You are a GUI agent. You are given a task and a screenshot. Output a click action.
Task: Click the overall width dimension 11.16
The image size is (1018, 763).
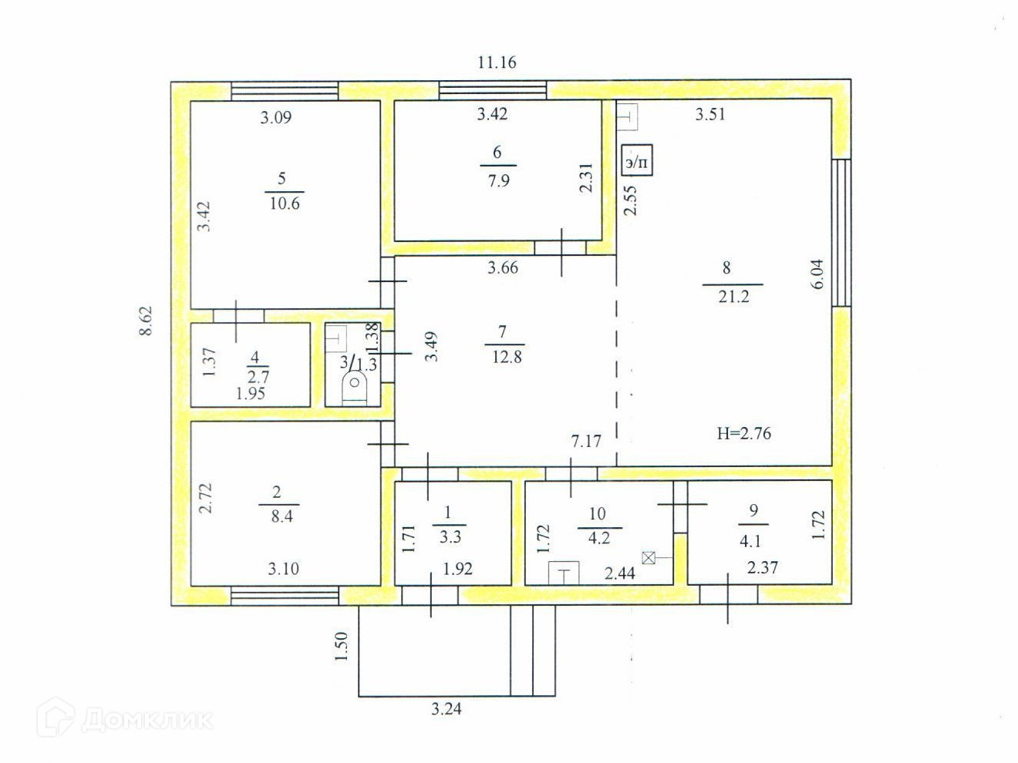point(497,62)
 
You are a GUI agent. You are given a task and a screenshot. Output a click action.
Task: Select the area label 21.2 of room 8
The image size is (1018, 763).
point(733,297)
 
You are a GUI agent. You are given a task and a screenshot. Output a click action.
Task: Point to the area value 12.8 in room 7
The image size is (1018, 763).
point(507,357)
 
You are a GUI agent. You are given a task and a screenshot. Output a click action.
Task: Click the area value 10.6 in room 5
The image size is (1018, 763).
point(285,204)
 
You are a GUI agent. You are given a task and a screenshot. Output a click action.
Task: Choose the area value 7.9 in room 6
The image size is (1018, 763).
point(498,181)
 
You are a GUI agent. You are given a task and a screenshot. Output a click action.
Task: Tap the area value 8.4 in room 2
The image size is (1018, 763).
point(281,517)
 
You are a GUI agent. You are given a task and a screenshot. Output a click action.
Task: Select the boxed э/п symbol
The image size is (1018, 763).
point(637,161)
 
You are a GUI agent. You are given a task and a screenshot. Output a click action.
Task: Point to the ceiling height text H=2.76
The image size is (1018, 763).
point(743,434)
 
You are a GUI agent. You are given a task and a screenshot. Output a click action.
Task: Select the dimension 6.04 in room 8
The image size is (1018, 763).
point(817,274)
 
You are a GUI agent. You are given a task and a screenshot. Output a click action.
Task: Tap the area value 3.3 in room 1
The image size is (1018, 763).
point(450,536)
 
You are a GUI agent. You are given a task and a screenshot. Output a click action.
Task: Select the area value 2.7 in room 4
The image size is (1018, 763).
point(258,378)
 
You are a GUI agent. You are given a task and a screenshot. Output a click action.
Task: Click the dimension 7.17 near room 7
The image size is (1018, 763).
point(586,441)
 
